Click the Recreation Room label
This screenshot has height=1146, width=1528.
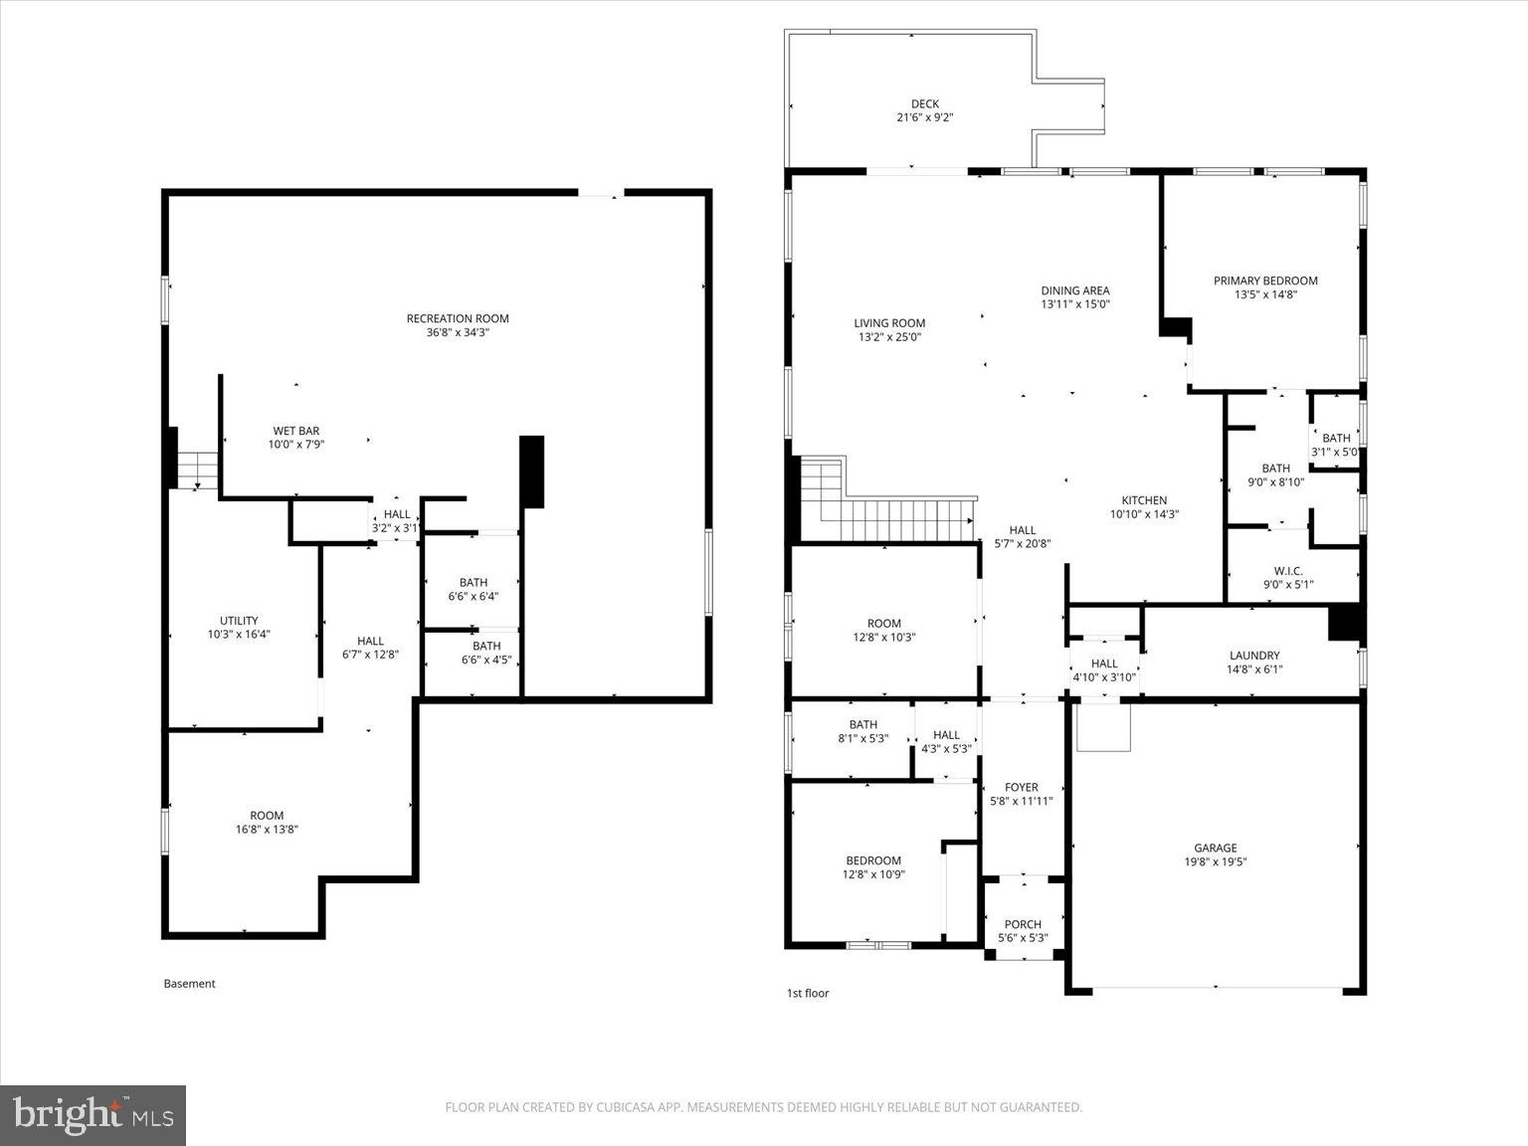[458, 319]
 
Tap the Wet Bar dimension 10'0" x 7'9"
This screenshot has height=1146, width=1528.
[296, 445]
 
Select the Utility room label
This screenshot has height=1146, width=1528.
[239, 621]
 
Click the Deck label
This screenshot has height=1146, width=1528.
[924, 103]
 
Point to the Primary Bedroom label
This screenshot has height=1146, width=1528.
[1264, 282]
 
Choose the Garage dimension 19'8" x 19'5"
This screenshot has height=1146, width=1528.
[1215, 862]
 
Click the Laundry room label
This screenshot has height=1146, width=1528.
[1253, 656]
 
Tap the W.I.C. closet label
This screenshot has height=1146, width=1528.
[1287, 571]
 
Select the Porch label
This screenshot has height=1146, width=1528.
[1022, 924]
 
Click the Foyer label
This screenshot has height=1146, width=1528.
[1021, 787]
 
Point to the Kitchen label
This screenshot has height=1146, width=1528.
[1144, 500]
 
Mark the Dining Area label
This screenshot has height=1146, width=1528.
[1074, 290]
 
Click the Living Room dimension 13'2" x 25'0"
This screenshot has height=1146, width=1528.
[889, 337]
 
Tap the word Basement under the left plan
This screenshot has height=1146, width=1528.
[189, 984]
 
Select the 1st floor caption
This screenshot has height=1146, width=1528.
[807, 993]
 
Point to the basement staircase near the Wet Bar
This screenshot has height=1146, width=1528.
[198, 468]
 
